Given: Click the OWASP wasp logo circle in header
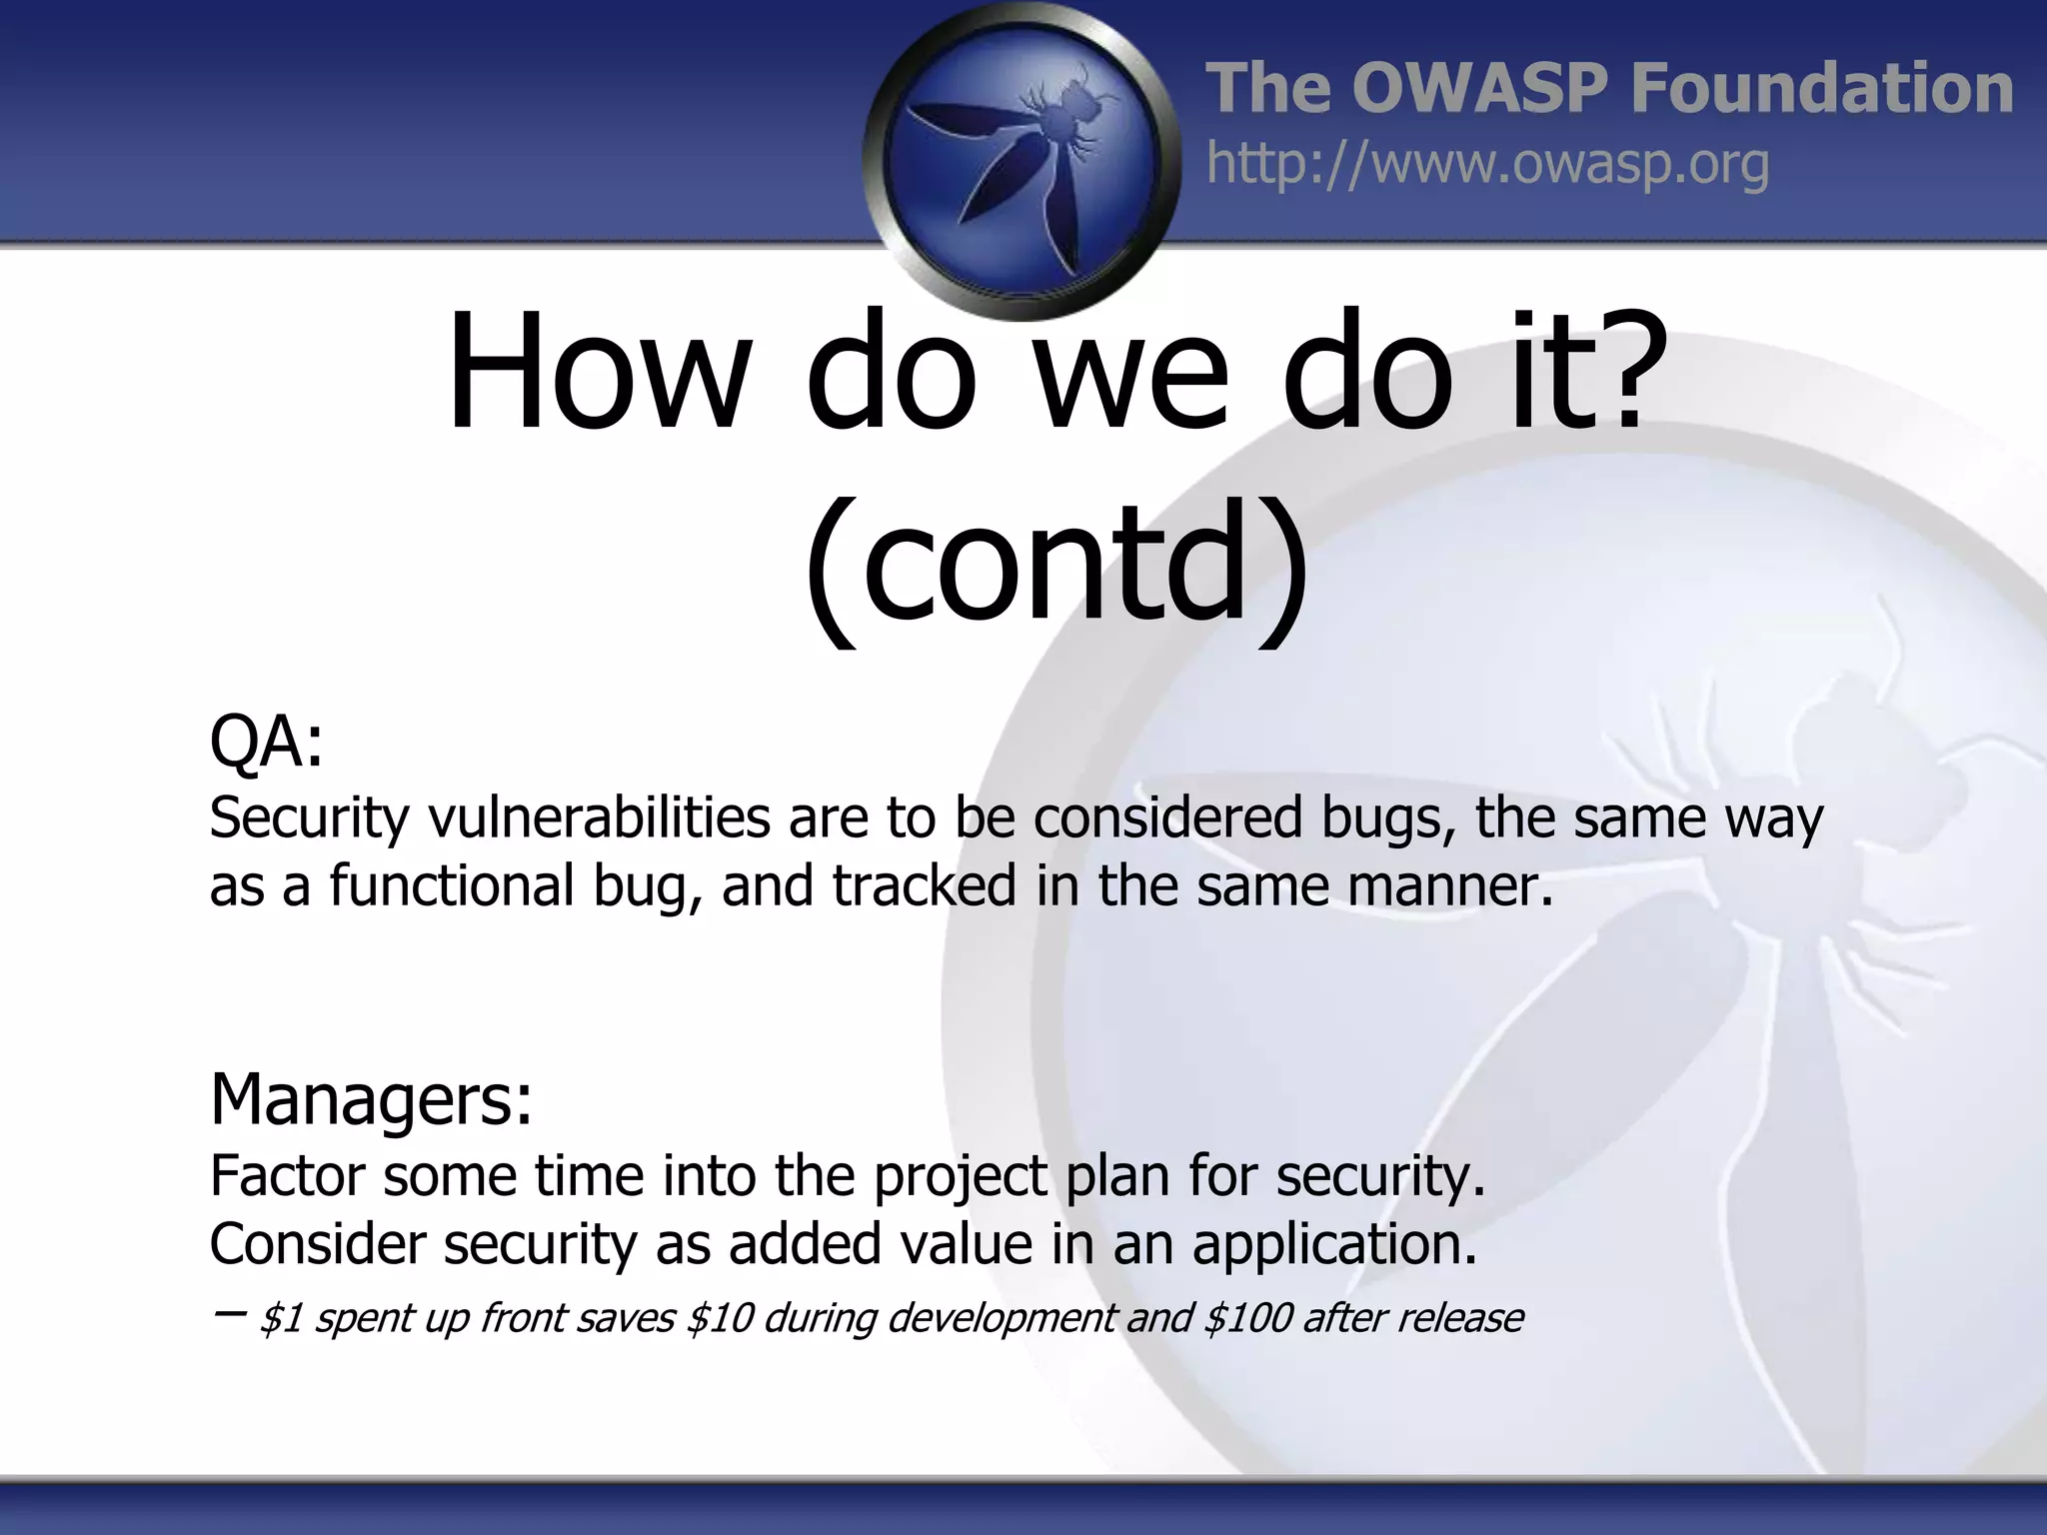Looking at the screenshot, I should coord(1022,160).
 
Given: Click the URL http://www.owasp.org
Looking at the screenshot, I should coord(1487,164).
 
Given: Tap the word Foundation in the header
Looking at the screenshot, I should coord(1821,88).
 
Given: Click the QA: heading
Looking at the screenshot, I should coord(267,743).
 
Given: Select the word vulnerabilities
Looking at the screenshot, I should coord(599,817).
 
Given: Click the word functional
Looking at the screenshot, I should coord(451,885).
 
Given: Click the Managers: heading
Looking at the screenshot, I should coord(371,1099).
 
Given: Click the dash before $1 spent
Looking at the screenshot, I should coord(229,1313).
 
